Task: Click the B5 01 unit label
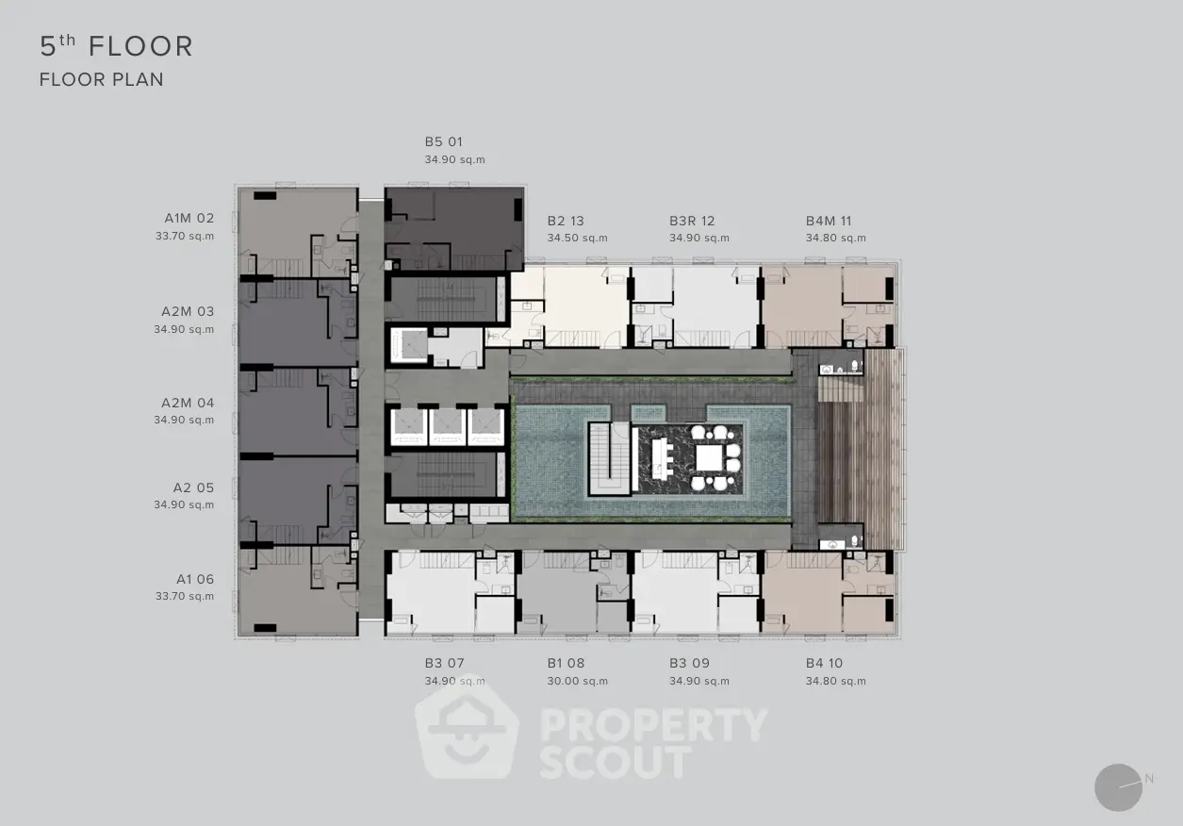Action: [x=444, y=141]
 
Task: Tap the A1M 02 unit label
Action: [x=189, y=218]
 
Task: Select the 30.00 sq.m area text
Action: [x=577, y=682]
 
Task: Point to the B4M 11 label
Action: [x=829, y=221]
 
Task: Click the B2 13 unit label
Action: [x=566, y=221]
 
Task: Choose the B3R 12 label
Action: [x=692, y=221]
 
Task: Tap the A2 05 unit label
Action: [x=194, y=487]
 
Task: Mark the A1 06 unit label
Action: [x=195, y=579]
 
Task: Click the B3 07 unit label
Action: [x=445, y=663]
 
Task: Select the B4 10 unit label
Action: [x=825, y=663]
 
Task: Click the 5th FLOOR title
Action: [x=117, y=46]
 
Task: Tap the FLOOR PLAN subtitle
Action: [x=102, y=80]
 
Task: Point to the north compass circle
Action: [x=1118, y=787]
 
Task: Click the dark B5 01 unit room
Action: [x=454, y=229]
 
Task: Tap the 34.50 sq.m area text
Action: [x=577, y=239]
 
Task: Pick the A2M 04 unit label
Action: [x=188, y=403]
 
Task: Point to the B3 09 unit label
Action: [x=690, y=663]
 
